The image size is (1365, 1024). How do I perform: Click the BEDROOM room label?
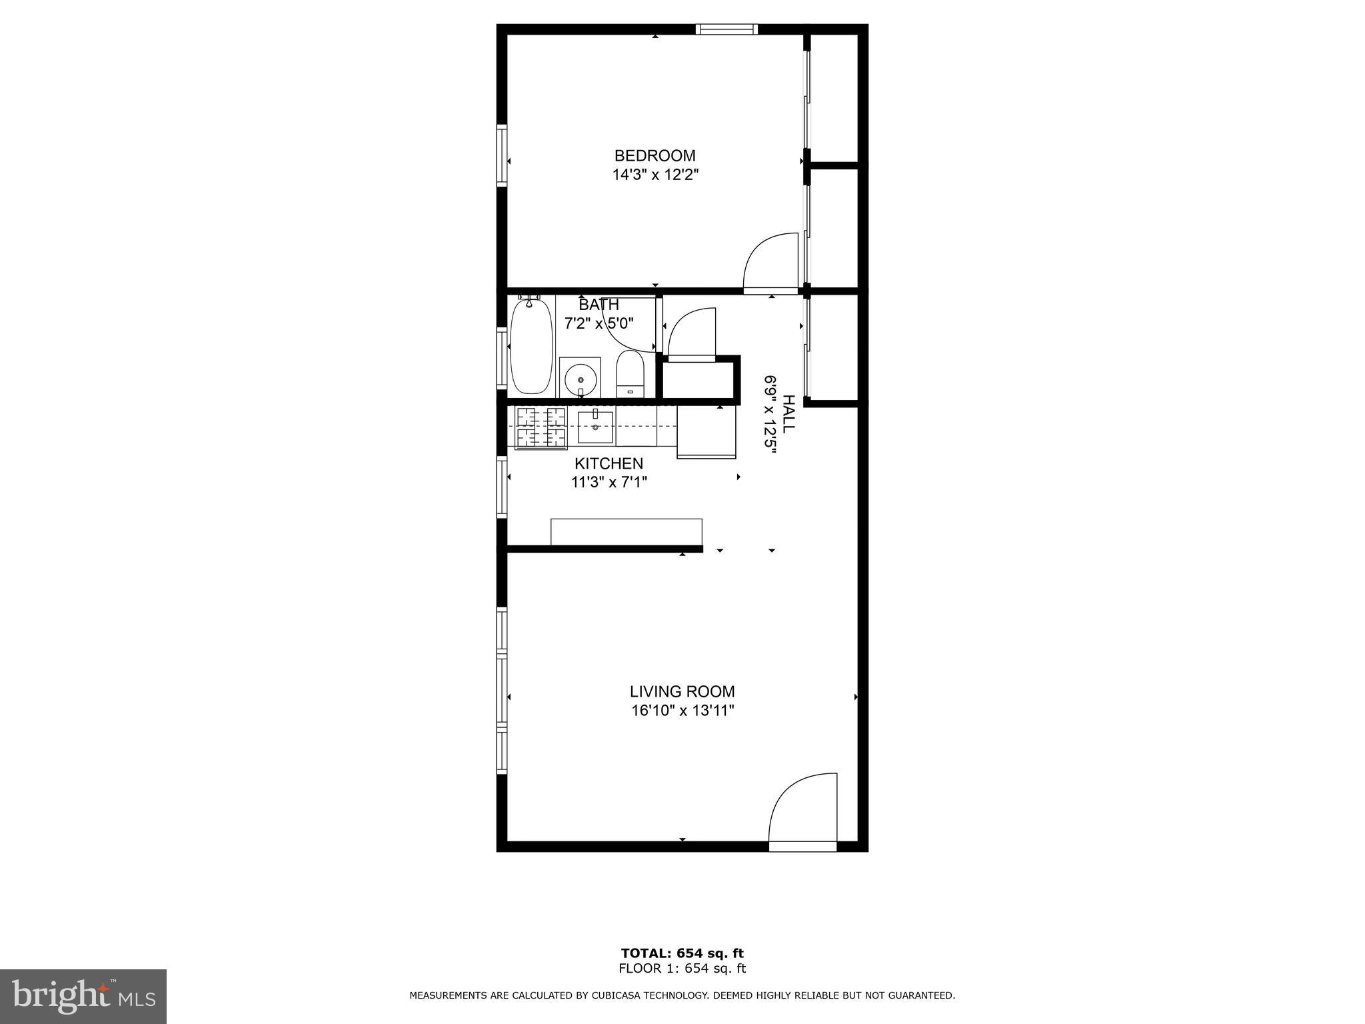(x=655, y=156)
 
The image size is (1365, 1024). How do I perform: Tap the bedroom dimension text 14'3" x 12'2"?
(x=655, y=175)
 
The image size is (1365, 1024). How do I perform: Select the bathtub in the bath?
(x=531, y=347)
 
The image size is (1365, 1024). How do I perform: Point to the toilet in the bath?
(x=630, y=373)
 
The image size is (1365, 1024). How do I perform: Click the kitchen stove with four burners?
(x=541, y=427)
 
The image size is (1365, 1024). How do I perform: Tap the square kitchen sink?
(x=595, y=427)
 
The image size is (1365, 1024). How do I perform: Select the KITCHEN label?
(x=609, y=463)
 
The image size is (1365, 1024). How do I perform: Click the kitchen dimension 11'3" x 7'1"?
(x=609, y=482)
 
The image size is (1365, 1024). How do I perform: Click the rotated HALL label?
(x=788, y=414)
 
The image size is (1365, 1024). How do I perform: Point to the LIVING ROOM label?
(x=682, y=692)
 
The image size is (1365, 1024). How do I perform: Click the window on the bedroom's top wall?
(x=726, y=29)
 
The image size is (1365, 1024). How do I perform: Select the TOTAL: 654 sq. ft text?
(x=682, y=953)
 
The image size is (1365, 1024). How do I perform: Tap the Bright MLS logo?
(x=83, y=996)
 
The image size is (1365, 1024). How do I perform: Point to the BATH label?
(x=599, y=305)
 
